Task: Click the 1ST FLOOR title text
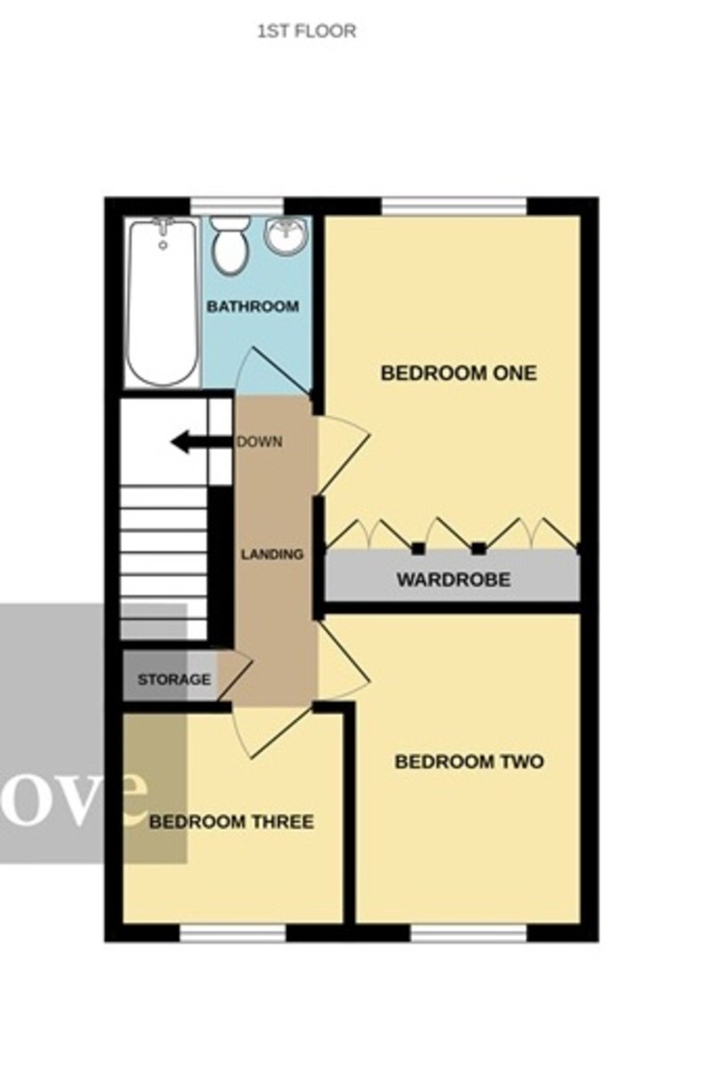(306, 32)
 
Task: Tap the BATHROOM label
(253, 307)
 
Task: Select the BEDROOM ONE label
(458, 373)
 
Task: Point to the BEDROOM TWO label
(469, 762)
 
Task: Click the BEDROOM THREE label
(231, 822)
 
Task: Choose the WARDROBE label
(453, 581)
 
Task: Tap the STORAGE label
(174, 680)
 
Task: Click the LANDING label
(273, 554)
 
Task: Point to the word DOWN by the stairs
(259, 442)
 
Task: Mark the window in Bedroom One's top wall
(454, 207)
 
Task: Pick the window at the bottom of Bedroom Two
(468, 933)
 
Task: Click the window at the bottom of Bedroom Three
(232, 933)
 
